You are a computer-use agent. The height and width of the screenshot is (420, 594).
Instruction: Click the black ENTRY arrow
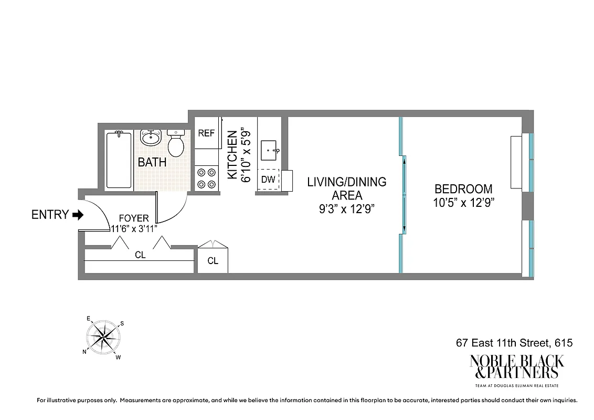(x=78, y=215)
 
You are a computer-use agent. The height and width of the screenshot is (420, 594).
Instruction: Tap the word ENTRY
(x=50, y=215)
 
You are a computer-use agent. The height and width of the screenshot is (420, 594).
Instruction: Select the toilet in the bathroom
(x=176, y=143)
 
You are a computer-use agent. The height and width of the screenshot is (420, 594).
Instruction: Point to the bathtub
(x=119, y=160)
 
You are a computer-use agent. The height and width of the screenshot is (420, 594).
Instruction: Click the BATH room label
(x=152, y=163)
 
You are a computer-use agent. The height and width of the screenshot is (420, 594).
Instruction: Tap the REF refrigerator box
(x=206, y=133)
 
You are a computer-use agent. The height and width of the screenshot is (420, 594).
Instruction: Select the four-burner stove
(x=206, y=177)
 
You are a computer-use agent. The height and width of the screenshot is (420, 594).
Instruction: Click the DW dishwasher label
(x=268, y=180)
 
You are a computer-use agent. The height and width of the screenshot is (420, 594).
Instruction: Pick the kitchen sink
(x=271, y=150)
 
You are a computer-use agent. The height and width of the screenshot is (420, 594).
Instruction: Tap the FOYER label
(x=134, y=218)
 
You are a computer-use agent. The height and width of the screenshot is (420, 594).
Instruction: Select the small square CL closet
(x=213, y=260)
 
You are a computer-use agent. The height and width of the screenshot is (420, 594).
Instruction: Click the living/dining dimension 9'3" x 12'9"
(x=347, y=208)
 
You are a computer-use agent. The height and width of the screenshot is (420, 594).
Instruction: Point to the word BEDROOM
(x=463, y=189)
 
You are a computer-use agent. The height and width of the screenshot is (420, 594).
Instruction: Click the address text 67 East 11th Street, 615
(x=513, y=343)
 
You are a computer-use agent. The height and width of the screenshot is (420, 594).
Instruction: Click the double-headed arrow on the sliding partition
(x=405, y=195)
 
